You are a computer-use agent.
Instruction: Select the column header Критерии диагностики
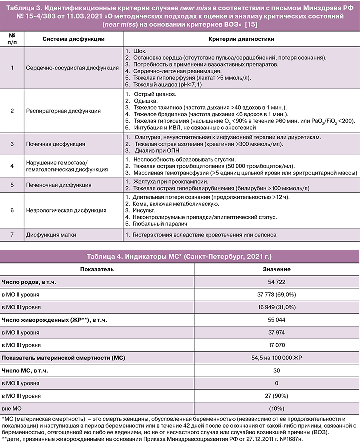pos(240,39)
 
